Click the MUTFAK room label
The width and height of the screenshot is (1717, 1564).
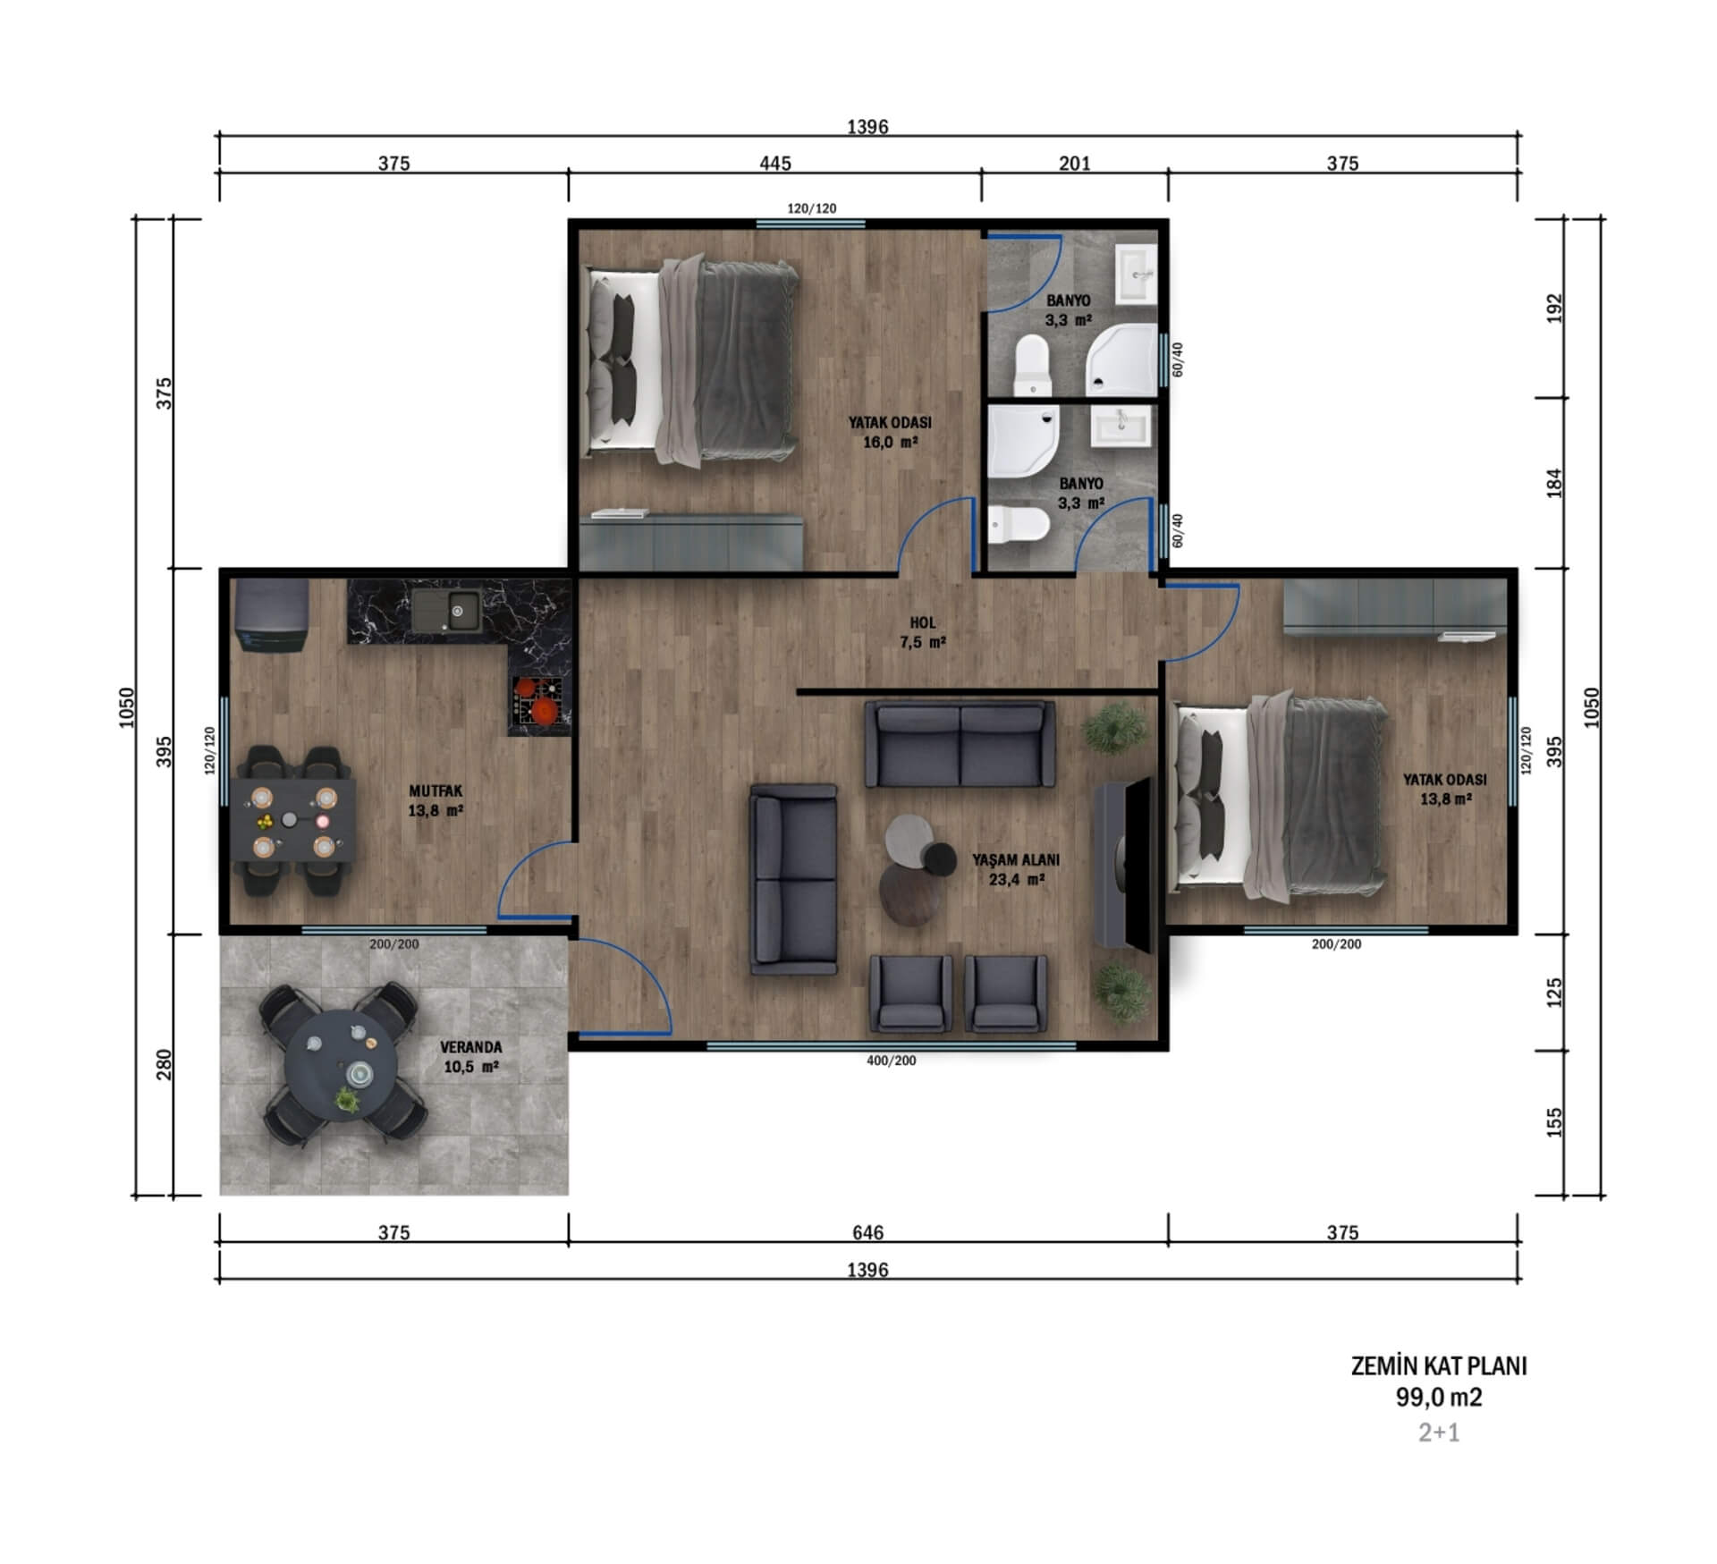(x=436, y=791)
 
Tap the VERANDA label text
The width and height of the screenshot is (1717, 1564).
(x=470, y=1047)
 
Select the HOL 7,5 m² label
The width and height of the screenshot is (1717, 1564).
(x=923, y=632)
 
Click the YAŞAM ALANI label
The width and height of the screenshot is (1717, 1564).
(x=1016, y=860)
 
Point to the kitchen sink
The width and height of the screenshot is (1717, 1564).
(x=446, y=611)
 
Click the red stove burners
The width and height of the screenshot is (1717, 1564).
(x=537, y=699)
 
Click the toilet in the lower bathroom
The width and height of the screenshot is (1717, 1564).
(x=1019, y=525)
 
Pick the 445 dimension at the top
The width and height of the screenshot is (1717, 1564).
(x=775, y=164)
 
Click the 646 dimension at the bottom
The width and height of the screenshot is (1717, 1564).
(x=867, y=1233)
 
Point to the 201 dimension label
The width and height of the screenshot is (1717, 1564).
(x=1075, y=164)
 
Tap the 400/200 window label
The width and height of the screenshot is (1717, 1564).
(x=892, y=1061)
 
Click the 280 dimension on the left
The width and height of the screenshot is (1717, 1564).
(x=164, y=1064)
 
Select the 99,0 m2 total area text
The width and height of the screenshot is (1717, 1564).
(x=1439, y=1397)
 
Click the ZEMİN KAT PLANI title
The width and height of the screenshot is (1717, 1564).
(x=1439, y=1366)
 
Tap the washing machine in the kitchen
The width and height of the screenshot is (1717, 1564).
(x=272, y=617)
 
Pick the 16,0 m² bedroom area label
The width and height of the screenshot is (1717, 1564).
(x=891, y=443)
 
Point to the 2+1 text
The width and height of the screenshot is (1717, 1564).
(x=1439, y=1433)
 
